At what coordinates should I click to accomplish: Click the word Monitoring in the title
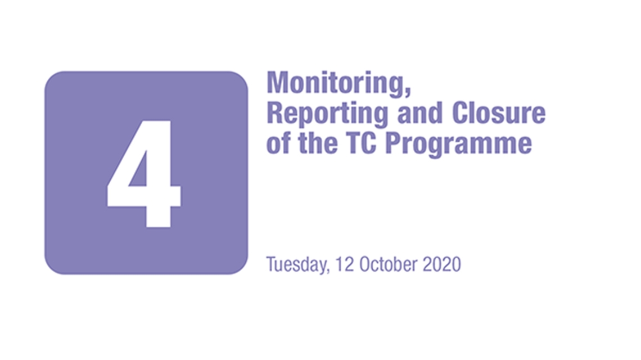336,84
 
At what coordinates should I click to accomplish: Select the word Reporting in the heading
327,113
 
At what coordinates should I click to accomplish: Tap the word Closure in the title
499,112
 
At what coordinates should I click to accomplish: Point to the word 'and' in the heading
420,112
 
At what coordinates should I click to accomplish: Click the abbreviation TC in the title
360,143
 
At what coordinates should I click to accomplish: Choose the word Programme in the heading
459,145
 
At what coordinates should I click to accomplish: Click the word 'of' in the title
278,143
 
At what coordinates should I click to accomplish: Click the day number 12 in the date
345,264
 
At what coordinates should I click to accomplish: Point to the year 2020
441,264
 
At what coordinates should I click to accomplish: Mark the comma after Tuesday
327,270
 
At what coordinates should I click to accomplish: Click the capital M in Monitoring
278,83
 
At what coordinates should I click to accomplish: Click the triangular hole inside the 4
139,171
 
